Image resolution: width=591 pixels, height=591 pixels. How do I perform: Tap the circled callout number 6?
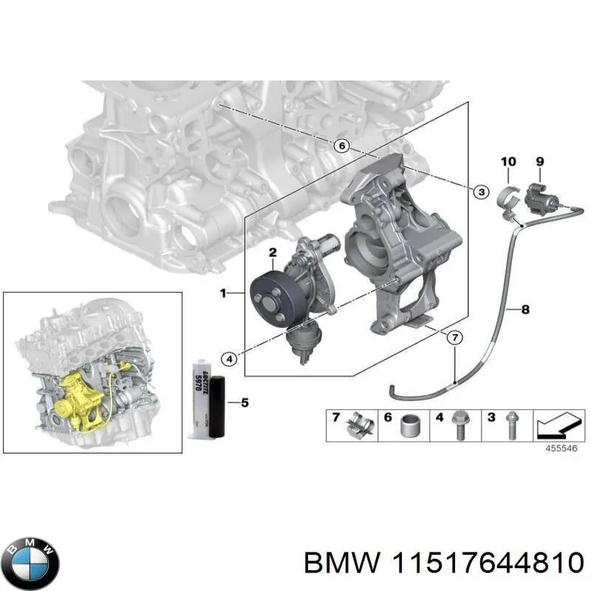tap(341, 146)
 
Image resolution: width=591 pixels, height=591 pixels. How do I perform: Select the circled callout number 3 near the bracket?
tap(479, 192)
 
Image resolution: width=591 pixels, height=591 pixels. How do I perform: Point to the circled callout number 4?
tap(230, 359)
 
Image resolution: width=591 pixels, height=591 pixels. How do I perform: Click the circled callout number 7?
tap(455, 338)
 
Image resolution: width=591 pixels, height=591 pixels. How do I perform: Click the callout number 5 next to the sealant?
tap(245, 403)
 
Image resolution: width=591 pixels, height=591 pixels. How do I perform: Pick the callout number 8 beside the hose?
tap(525, 310)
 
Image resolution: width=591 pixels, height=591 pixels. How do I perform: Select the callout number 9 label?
tap(539, 161)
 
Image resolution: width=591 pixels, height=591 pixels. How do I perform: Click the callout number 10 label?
tap(508, 161)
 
